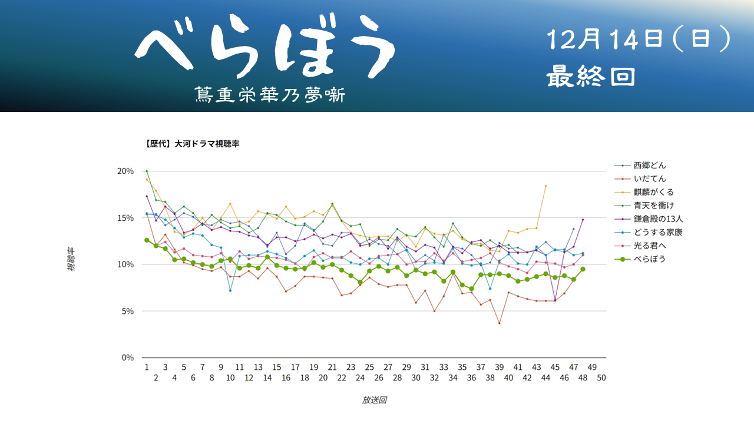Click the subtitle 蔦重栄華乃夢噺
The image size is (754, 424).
pyautogui.click(x=270, y=95)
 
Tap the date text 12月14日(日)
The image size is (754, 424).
pyautogui.click(x=639, y=41)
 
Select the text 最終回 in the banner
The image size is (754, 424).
pyautogui.click(x=591, y=77)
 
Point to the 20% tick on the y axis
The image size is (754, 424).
pyautogui.click(x=125, y=171)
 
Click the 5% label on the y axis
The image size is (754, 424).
pyautogui.click(x=127, y=311)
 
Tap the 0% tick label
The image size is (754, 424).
pyautogui.click(x=127, y=357)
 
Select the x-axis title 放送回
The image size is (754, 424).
pyautogui.click(x=374, y=400)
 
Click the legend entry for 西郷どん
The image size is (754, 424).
pyautogui.click(x=650, y=165)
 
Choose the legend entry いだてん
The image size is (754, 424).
pyautogui.click(x=650, y=178)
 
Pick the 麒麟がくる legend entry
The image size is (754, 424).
pyautogui.click(x=653, y=192)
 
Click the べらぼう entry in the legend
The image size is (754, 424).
pyautogui.click(x=650, y=259)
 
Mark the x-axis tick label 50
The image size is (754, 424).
pyautogui.click(x=601, y=379)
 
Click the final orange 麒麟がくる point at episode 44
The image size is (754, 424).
pyautogui.click(x=545, y=186)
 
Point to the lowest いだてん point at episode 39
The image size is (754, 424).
pyautogui.click(x=499, y=323)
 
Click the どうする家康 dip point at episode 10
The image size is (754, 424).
pyautogui.click(x=230, y=290)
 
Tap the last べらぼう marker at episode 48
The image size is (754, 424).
pyautogui.click(x=583, y=269)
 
